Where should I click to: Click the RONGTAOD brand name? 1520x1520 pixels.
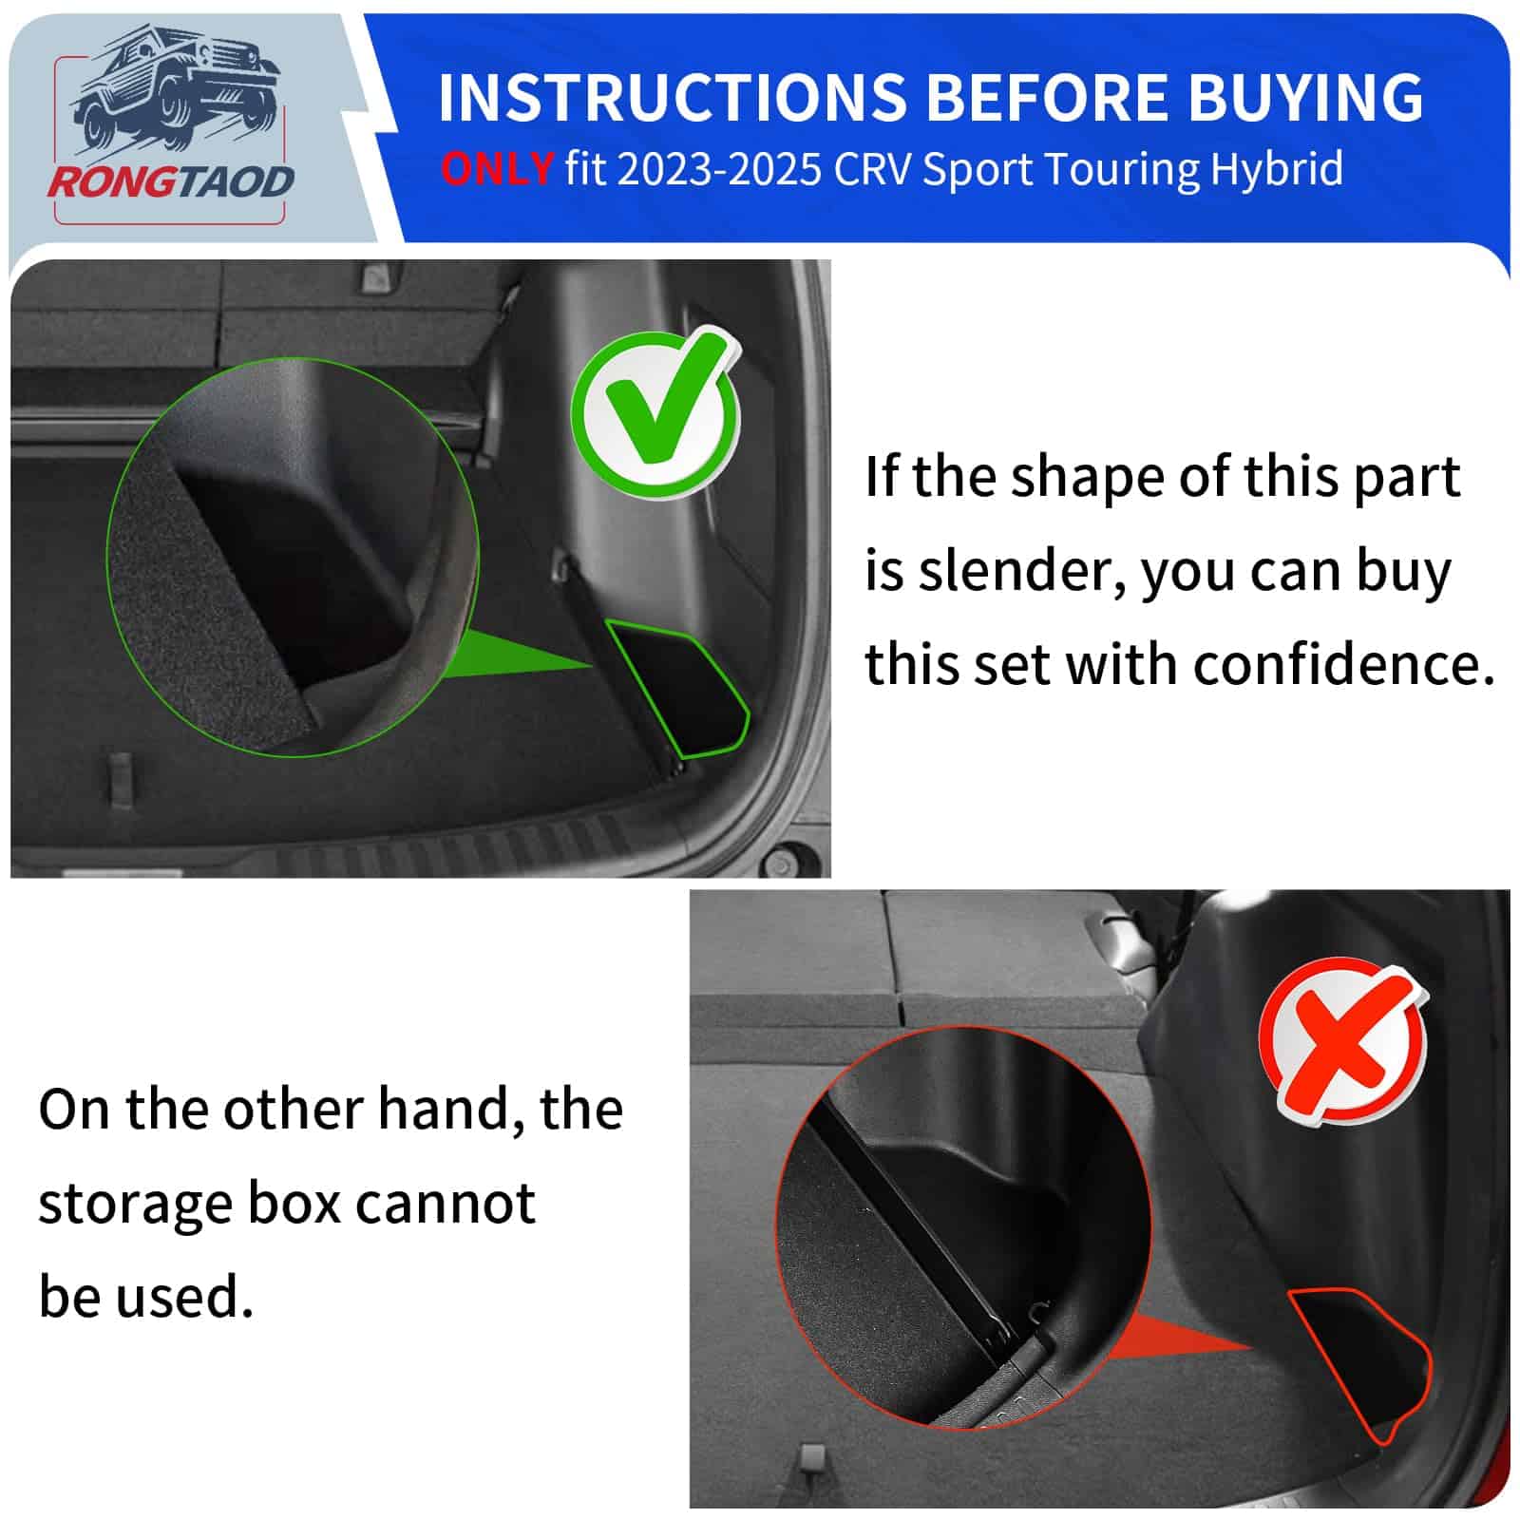pyautogui.click(x=171, y=181)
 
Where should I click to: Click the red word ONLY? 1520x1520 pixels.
pyautogui.click(x=497, y=170)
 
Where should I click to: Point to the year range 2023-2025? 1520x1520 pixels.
pyautogui.click(x=719, y=170)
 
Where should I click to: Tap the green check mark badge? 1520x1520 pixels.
pyautogui.click(x=655, y=410)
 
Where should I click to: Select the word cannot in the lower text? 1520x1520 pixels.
pyautogui.click(x=446, y=1203)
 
